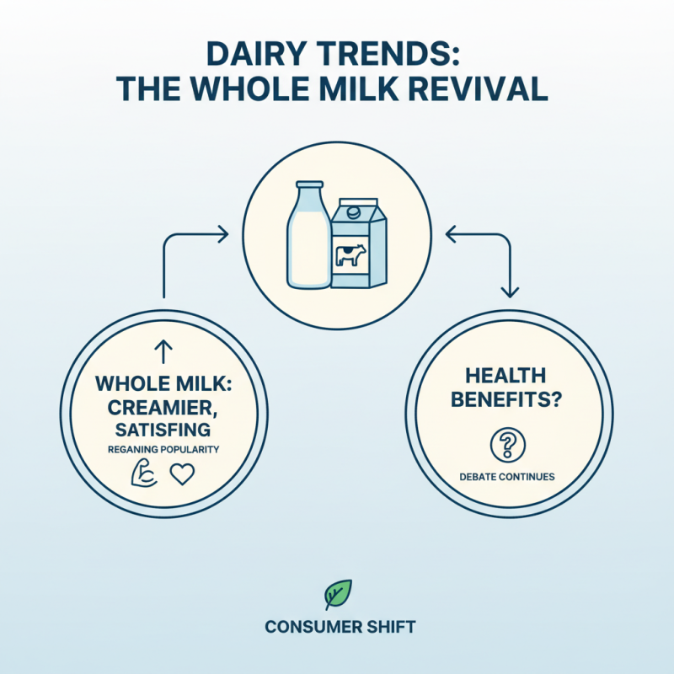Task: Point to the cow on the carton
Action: (x=349, y=255)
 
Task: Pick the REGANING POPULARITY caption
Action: (x=163, y=450)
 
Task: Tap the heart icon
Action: (x=182, y=475)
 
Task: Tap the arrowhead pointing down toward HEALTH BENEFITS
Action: (x=509, y=292)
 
